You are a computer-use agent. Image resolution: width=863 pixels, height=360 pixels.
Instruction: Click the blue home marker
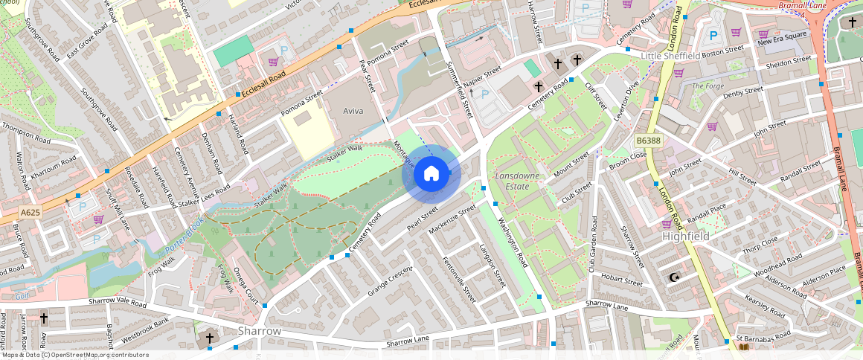pyautogui.click(x=431, y=174)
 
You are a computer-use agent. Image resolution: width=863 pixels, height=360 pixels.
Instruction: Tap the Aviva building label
pyautogui.click(x=353, y=110)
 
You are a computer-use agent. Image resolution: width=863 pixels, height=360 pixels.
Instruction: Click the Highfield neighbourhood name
pyautogui.click(x=685, y=236)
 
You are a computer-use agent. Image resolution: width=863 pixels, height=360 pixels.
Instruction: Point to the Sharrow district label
pyautogui.click(x=259, y=330)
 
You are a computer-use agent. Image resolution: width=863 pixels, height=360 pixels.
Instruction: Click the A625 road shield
pyautogui.click(x=31, y=213)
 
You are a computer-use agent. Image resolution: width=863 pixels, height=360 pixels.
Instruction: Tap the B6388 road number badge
pyautogui.click(x=648, y=140)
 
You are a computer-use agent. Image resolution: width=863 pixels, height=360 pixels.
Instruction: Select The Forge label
pyautogui.click(x=708, y=86)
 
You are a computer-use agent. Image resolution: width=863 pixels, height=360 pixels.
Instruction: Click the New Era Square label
pyautogui.click(x=782, y=35)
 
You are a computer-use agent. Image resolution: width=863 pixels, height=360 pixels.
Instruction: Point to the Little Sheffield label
pyautogui.click(x=670, y=56)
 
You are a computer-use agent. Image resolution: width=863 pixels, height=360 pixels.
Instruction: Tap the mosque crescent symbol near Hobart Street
pyautogui.click(x=675, y=277)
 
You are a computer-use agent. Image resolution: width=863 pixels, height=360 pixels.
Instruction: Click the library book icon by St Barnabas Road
pyautogui.click(x=744, y=347)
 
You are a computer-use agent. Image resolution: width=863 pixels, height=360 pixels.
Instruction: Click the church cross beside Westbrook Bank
pyautogui.click(x=210, y=338)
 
